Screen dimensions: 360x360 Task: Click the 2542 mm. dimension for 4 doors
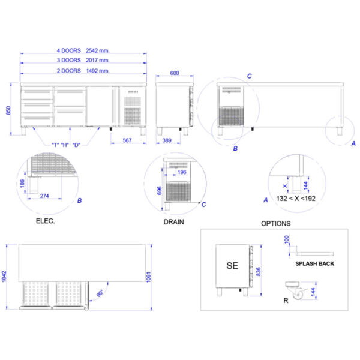(98, 50)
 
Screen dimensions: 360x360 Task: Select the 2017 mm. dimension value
(98, 60)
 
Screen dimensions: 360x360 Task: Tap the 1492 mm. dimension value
(98, 71)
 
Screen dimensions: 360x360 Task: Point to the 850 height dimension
(8, 110)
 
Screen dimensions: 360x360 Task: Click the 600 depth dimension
(175, 73)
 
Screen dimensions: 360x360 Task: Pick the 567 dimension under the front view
(127, 140)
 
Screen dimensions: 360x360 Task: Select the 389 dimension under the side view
(167, 140)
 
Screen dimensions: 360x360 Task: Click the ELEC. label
(46, 221)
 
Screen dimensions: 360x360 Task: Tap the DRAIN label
(174, 222)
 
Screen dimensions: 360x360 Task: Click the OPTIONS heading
(276, 223)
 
